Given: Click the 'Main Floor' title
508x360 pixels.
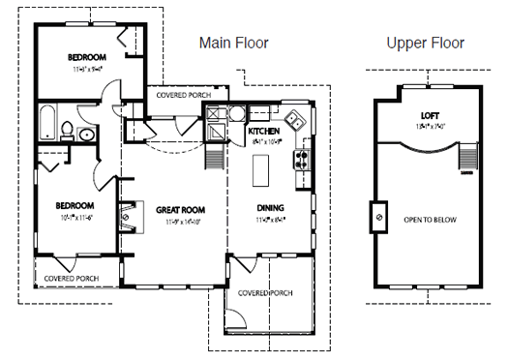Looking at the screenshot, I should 233,43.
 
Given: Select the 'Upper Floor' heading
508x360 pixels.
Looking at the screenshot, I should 425,43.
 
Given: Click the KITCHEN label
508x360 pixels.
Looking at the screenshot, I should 263,131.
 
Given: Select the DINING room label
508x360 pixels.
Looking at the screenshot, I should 270,208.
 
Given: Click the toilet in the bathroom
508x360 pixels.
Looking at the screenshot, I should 67,131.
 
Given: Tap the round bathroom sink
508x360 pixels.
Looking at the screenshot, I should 85,135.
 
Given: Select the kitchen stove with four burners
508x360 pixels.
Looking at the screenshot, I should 301,155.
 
